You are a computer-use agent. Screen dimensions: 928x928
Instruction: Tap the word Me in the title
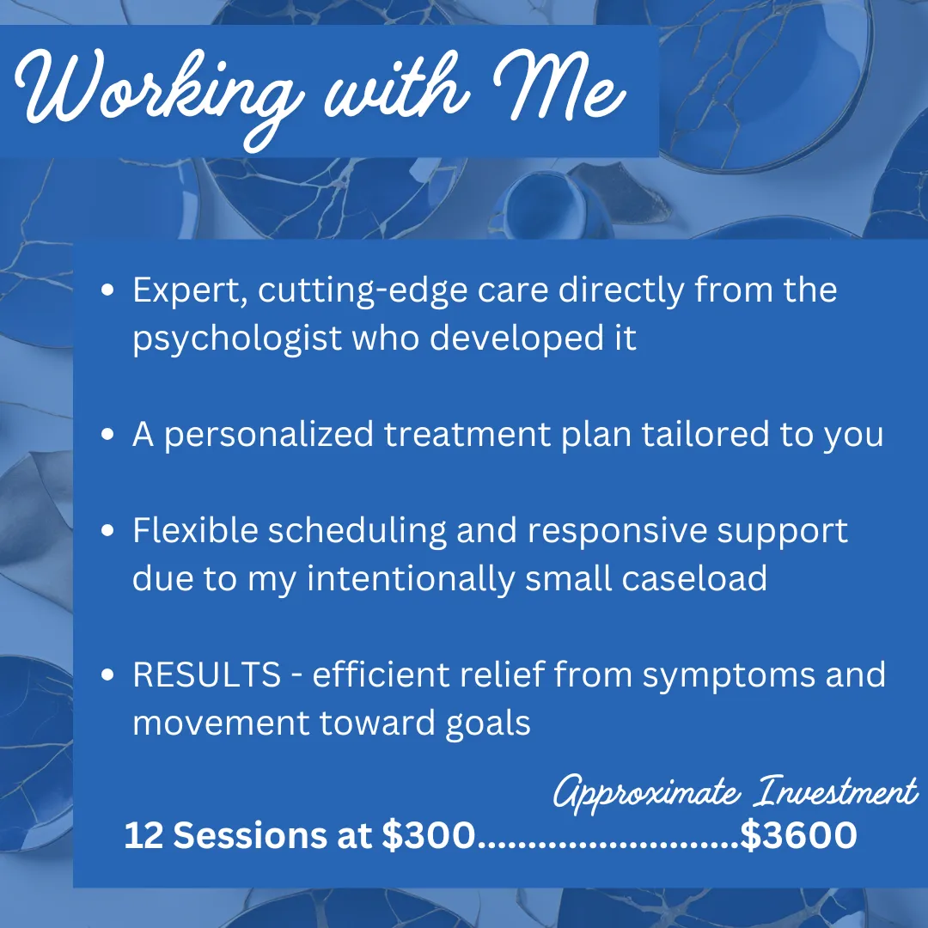point(559,88)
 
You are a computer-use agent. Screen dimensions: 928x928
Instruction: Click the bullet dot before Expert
point(107,290)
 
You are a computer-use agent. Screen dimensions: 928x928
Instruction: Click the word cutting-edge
point(363,291)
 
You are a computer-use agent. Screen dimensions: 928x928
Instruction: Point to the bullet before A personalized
point(107,435)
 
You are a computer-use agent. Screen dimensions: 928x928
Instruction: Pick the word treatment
point(467,434)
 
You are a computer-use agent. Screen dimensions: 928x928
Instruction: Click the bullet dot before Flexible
point(107,530)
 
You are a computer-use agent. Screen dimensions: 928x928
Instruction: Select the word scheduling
point(357,531)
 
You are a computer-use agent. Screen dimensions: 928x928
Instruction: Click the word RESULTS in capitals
point(206,675)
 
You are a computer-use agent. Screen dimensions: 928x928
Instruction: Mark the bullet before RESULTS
point(107,675)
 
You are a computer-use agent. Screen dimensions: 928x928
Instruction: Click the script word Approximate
point(646,793)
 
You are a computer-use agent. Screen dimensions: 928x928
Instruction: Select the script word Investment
point(835,791)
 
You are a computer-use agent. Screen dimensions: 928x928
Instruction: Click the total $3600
point(798,835)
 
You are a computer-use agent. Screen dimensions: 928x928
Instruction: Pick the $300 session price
point(429,835)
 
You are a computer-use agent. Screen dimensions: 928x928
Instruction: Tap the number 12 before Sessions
point(143,835)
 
